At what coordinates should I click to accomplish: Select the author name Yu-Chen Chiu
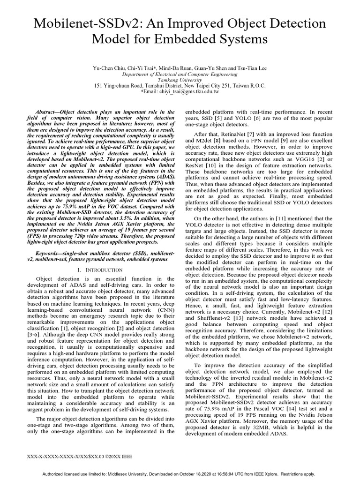pyautogui.click(x=110, y=68)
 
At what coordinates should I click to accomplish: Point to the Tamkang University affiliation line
pyautogui.click(x=180, y=80)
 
